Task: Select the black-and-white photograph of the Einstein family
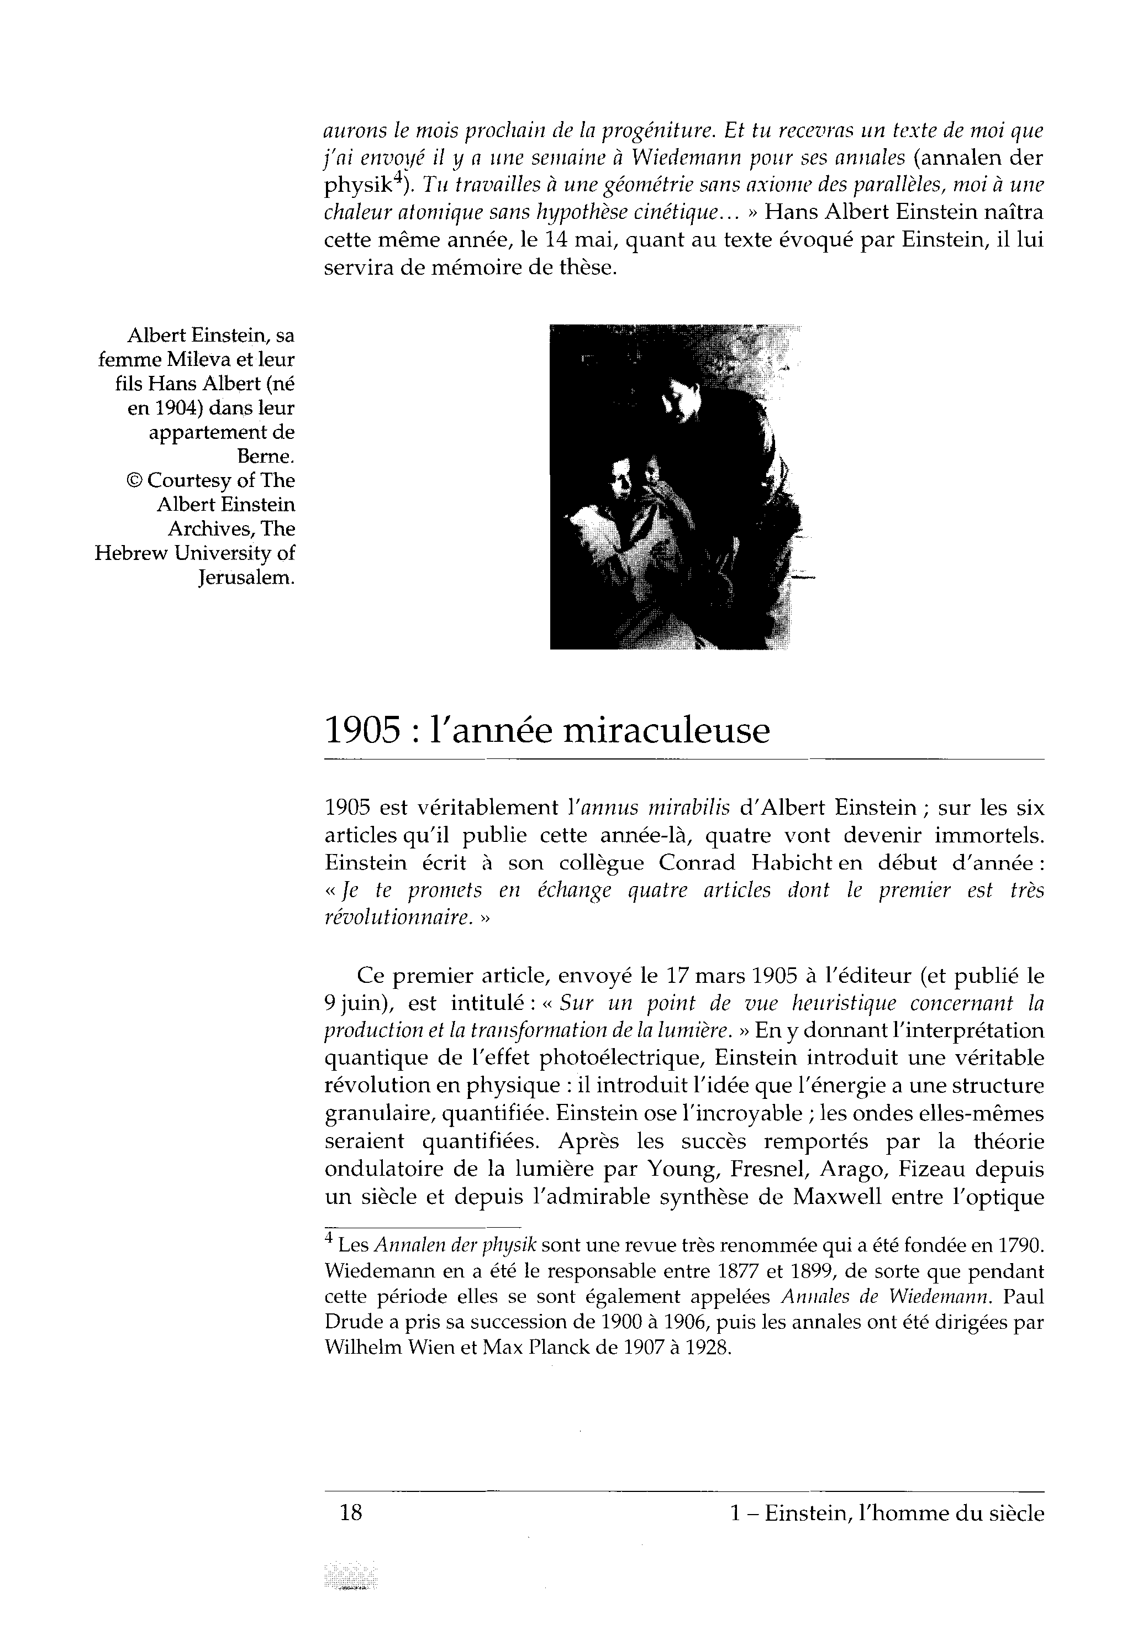(x=675, y=487)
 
